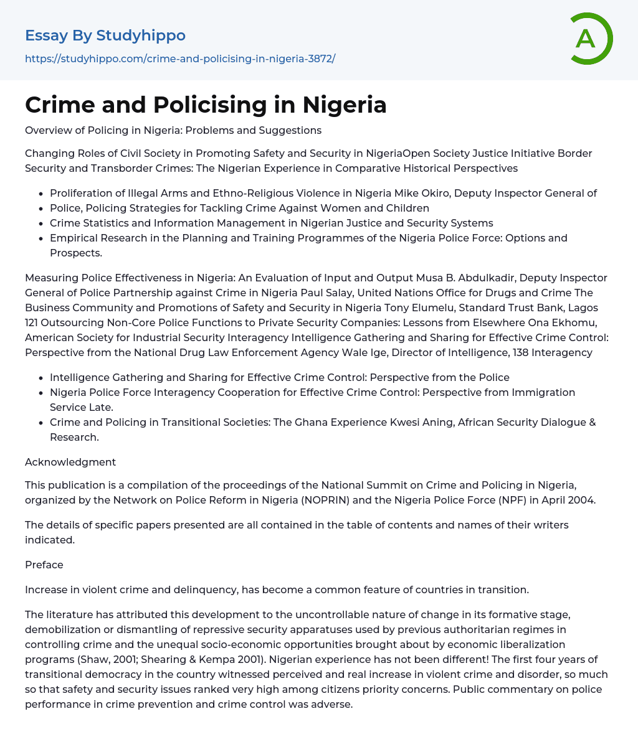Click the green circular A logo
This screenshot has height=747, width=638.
(x=591, y=39)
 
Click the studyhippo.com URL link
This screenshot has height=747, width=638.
(x=180, y=59)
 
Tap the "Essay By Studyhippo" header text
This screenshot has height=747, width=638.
(x=105, y=35)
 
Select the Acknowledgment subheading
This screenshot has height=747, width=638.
(x=70, y=462)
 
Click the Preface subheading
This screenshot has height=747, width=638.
(x=44, y=565)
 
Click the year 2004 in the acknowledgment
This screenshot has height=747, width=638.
(x=583, y=500)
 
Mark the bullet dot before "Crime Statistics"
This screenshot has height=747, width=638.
(x=41, y=223)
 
